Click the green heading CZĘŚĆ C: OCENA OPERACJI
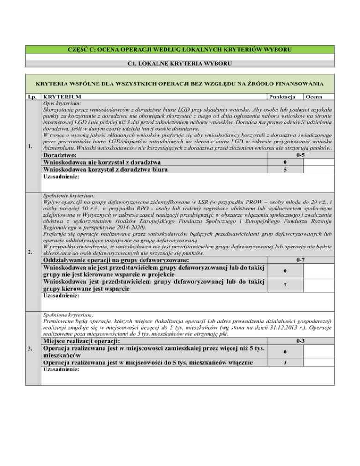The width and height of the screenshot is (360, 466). click(180, 49)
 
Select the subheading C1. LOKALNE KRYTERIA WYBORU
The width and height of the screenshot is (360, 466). click(180, 63)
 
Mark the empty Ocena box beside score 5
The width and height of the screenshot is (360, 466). click(318, 170)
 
